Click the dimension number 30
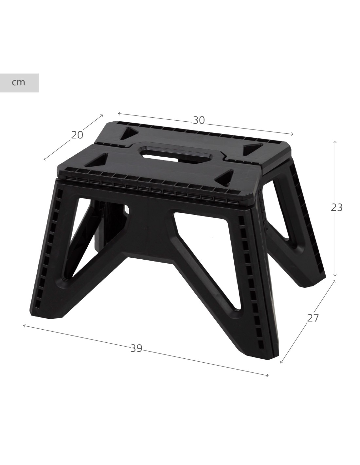point(199,120)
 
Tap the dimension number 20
point(77,135)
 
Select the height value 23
point(336,207)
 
